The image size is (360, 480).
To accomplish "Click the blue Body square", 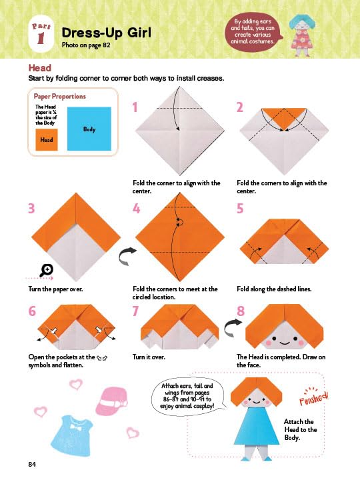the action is tap(89, 129).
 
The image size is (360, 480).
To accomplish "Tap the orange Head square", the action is tap(47, 139).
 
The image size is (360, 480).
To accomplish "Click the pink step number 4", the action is tap(136, 209).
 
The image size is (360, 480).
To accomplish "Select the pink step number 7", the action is tap(135, 311).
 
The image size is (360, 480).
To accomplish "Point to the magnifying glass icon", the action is tap(47, 270).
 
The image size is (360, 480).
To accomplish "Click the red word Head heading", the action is tap(40, 67).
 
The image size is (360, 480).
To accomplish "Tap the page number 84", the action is tap(32, 464).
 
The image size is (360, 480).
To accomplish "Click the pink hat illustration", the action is tap(111, 401).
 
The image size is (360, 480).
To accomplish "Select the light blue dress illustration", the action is tap(72, 435).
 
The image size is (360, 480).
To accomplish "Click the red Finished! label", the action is tap(313, 397).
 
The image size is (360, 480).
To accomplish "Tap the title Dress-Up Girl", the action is tap(106, 33).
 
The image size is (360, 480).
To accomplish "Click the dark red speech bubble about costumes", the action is tap(253, 31).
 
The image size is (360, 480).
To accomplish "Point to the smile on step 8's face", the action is tap(285, 343).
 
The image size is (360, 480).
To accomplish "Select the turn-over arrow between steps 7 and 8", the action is tap(232, 327).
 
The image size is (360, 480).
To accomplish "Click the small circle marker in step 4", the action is tap(180, 222).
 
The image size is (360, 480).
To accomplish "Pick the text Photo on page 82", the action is tap(86, 45).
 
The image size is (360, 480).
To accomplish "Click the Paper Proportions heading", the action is tap(60, 96).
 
